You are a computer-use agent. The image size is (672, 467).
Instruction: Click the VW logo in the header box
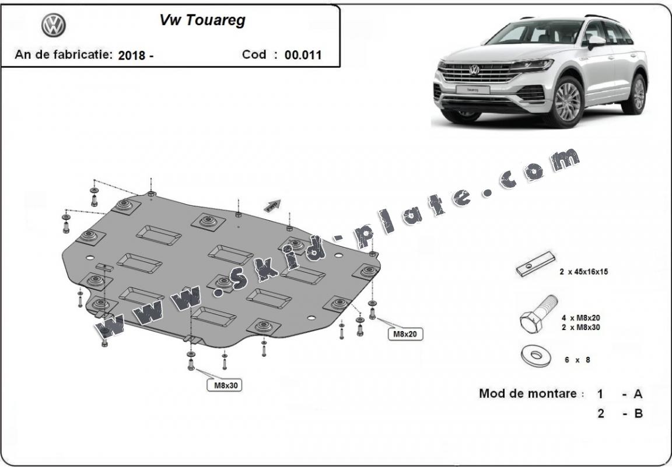pyautogui.click(x=53, y=25)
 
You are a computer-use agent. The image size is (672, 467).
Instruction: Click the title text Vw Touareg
pyautogui.click(x=202, y=20)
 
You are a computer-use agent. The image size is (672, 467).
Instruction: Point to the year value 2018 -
pyautogui.click(x=135, y=56)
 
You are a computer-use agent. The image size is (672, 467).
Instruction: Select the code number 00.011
pyautogui.click(x=303, y=55)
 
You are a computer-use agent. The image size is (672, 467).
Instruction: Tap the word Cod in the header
pyautogui.click(x=254, y=55)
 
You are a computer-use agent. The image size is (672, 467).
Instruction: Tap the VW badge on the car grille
pyautogui.click(x=474, y=71)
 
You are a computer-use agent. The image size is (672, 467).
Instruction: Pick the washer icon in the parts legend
pyautogui.click(x=535, y=356)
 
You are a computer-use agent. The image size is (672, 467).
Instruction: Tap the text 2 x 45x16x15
pyautogui.click(x=583, y=272)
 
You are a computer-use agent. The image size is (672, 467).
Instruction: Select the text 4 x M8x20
pyautogui.click(x=580, y=318)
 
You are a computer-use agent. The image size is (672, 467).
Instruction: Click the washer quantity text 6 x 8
pyautogui.click(x=577, y=360)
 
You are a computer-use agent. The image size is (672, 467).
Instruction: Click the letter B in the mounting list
pyautogui.click(x=638, y=414)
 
